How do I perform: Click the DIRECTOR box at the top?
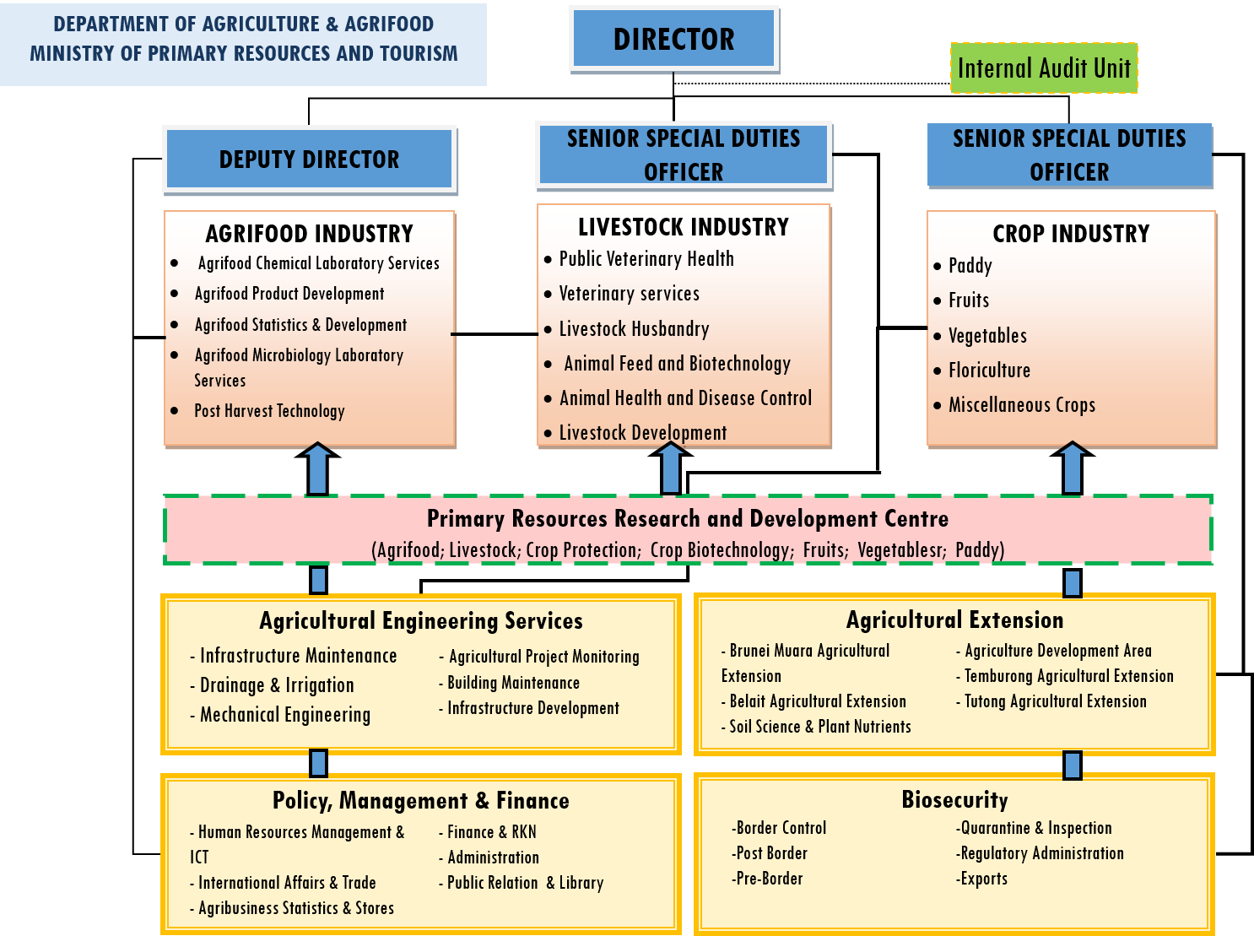pos(673,39)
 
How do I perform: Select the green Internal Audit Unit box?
pos(1044,68)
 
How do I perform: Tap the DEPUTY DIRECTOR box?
pos(309,160)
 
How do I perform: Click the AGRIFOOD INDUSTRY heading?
pos(309,234)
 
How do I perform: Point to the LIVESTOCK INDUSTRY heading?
pos(683,227)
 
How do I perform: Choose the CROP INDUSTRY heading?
pos(1070,234)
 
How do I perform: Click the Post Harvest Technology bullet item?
pos(269,411)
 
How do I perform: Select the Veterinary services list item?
pos(629,294)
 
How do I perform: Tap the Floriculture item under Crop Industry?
pos(989,371)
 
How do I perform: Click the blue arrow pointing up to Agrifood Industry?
pos(317,469)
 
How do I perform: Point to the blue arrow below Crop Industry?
pos(1072,469)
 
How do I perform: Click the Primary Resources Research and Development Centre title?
pos(687,518)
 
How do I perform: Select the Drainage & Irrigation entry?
pos(276,685)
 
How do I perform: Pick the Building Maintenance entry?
pos(512,683)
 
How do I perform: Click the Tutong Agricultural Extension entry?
pos(1055,701)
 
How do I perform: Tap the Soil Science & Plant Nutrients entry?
pos(819,727)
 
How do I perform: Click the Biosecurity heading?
pos(954,799)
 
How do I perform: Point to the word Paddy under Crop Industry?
pos(970,266)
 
